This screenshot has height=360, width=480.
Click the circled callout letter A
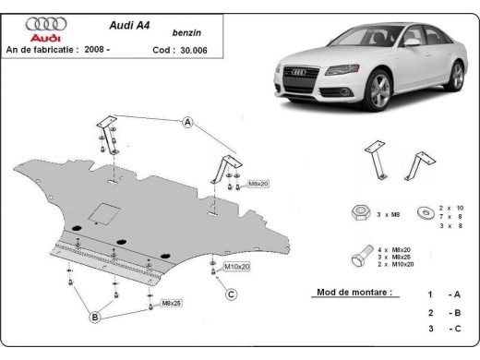(x=188, y=123)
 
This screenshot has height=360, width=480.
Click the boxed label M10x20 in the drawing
(x=236, y=267)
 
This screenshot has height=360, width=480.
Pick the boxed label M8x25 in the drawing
(x=171, y=303)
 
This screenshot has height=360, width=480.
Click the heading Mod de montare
(x=346, y=294)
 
